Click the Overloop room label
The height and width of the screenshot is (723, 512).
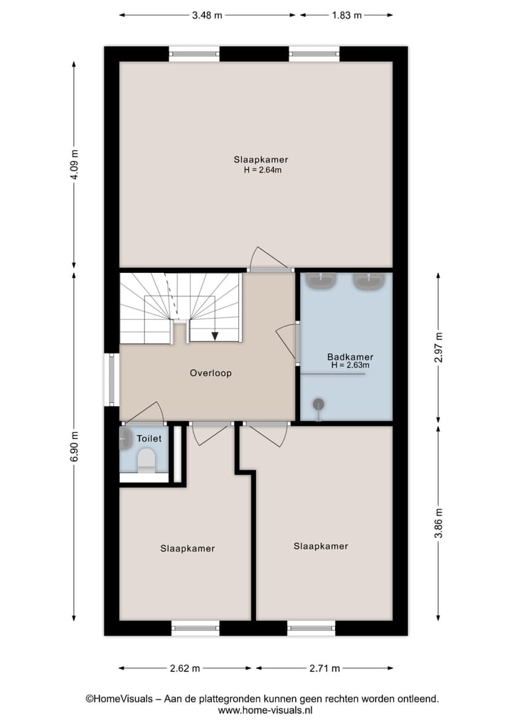210,373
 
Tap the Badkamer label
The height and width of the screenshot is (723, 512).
350,357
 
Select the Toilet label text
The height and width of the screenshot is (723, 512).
149,439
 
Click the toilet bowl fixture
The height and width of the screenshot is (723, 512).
146,460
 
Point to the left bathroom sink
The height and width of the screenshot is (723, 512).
321,281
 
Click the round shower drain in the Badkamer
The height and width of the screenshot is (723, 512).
319,405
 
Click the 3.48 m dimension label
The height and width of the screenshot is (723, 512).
208,15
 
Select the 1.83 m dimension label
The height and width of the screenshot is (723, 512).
346,15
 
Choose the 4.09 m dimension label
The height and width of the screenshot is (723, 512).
75,165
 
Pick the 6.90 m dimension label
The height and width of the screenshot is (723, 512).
75,446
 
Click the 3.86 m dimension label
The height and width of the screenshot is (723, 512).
438,523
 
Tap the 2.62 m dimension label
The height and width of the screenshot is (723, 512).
184,668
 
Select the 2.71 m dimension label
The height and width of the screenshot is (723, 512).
324,668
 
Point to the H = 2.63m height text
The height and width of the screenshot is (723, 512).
350,365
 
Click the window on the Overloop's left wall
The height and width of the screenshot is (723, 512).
112,380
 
